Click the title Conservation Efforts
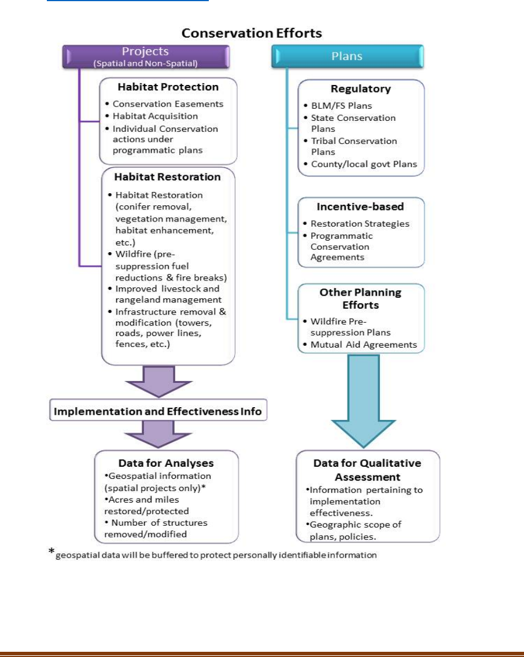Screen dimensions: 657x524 pos(252,33)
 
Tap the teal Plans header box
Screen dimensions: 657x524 pos(347,56)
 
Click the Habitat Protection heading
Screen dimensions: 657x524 pos(168,87)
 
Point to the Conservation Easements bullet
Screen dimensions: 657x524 pos(168,104)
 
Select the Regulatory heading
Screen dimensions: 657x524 pos(361,89)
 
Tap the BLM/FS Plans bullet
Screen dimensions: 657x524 pos(341,106)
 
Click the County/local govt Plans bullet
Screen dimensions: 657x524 pos(364,164)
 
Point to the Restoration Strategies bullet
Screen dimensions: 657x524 pos(360,224)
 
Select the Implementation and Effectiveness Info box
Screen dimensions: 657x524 pos(158,412)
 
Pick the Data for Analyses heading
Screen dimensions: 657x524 pos(166,463)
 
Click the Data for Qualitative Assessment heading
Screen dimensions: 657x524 pos(367,470)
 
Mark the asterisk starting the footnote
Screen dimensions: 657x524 pos(51,553)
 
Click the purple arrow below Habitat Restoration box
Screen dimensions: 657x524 pos(158,382)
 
